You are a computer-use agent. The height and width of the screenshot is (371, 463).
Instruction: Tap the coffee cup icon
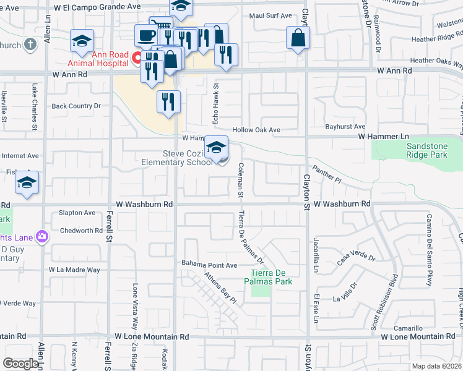(146, 35)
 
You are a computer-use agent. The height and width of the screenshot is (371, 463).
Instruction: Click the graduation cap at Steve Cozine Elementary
(216, 147)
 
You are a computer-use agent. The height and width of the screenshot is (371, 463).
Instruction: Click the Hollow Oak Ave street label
(256, 130)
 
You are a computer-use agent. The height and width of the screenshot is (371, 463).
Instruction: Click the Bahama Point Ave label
(209, 265)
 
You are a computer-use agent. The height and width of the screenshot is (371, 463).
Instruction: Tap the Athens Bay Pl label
(222, 289)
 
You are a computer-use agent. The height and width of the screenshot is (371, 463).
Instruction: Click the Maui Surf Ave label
(270, 15)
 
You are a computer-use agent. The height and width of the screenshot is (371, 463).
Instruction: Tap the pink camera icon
(42, 236)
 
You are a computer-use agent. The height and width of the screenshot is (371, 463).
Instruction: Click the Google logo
(20, 364)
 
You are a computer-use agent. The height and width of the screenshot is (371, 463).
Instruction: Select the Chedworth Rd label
(81, 231)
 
